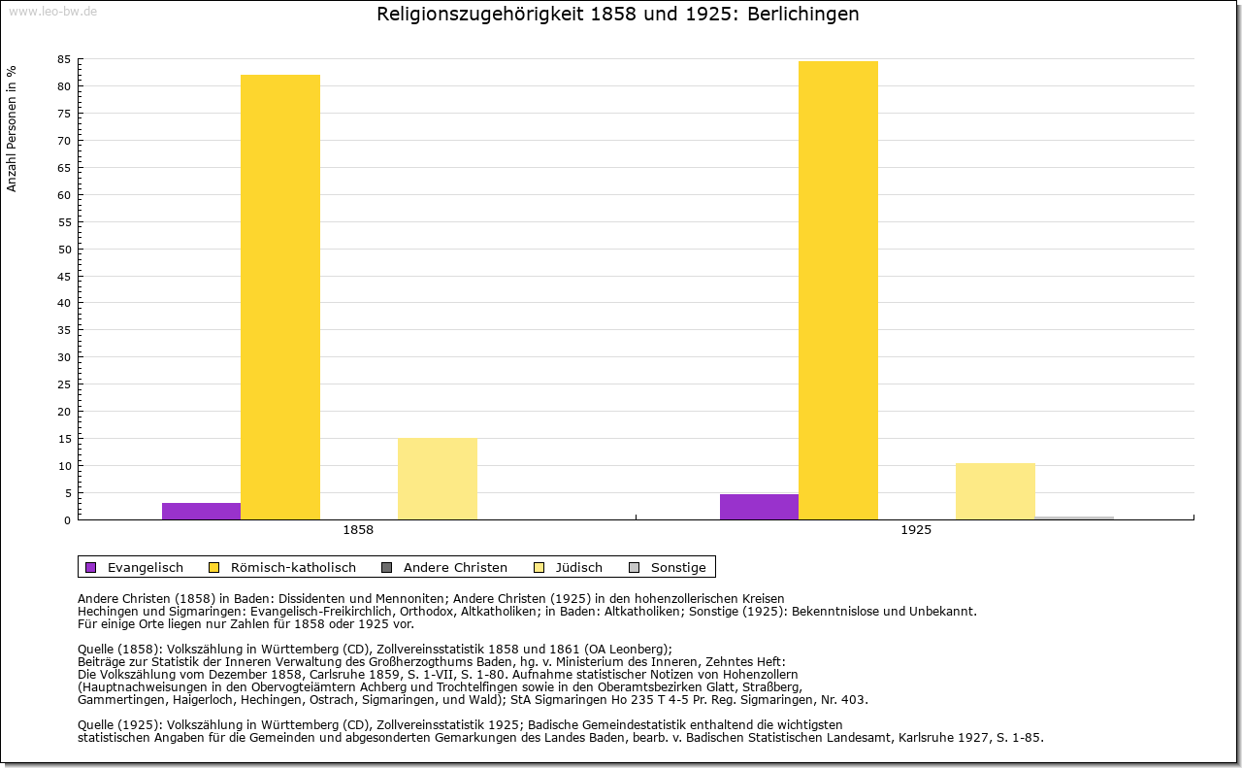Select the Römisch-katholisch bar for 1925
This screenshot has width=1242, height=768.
(838, 290)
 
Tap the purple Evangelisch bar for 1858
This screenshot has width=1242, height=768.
(201, 511)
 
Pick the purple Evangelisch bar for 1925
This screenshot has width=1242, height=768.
(759, 507)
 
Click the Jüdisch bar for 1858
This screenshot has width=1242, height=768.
(438, 479)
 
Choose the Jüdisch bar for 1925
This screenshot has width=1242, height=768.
(996, 491)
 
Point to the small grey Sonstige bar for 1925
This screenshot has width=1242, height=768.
(1074, 518)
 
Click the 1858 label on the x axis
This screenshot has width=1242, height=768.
(358, 531)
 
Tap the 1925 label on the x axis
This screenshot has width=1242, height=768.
(916, 531)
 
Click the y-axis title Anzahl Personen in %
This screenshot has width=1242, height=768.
(12, 128)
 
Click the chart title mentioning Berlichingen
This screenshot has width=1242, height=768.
(617, 15)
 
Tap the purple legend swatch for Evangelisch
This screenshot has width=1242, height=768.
(91, 567)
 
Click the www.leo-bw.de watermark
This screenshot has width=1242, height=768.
(52, 11)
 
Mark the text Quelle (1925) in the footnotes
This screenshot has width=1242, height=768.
(119, 724)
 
